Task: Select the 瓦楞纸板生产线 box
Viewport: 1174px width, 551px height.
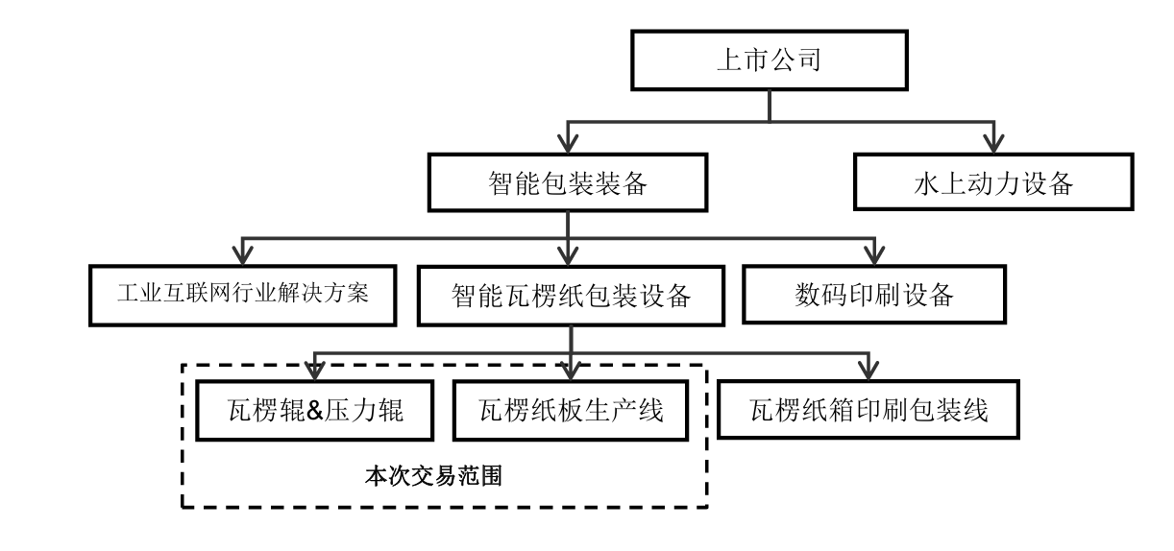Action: [x=571, y=410]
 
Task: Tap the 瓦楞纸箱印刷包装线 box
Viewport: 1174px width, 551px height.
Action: [x=869, y=410]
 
